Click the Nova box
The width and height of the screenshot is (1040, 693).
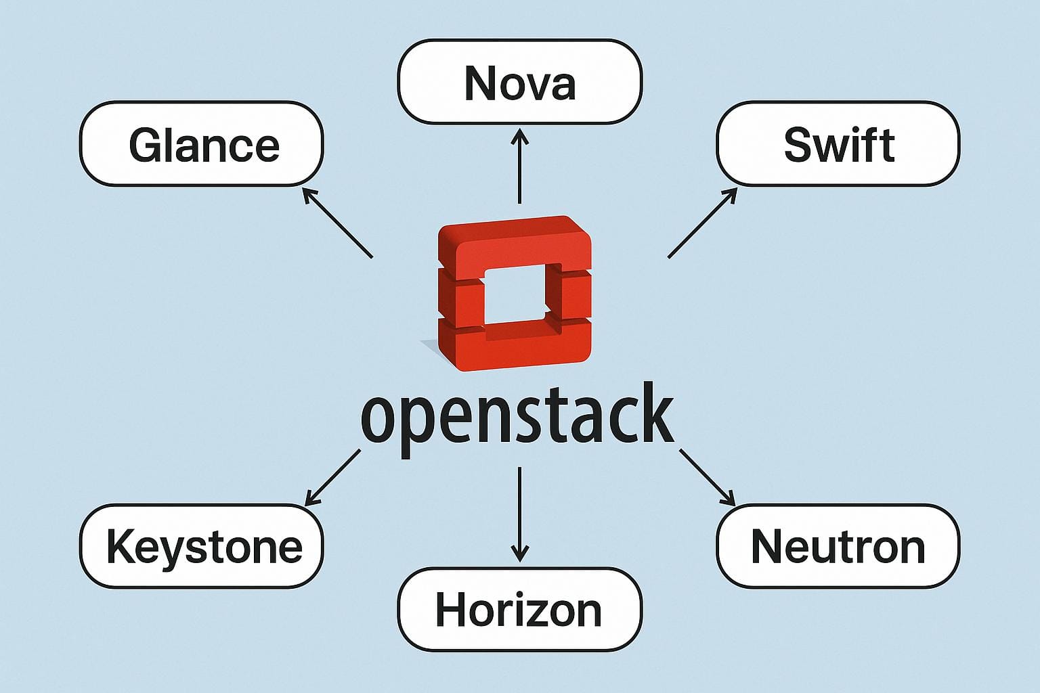tap(519, 82)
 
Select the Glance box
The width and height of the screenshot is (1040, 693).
tap(202, 144)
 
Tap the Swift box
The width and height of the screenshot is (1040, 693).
tap(838, 144)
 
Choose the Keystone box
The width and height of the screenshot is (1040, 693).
tap(202, 547)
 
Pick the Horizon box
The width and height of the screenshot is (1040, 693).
tap(519, 610)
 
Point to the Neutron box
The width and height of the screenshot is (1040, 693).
tap(838, 547)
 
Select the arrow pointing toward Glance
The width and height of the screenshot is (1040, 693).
tap(337, 223)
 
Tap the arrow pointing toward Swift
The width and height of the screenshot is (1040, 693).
tap(702, 223)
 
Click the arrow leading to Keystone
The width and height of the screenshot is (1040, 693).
tap(332, 478)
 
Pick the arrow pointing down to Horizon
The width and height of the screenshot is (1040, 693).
tap(519, 514)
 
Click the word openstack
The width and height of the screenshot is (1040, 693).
tap(518, 416)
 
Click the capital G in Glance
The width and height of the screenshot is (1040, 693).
tap(146, 145)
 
